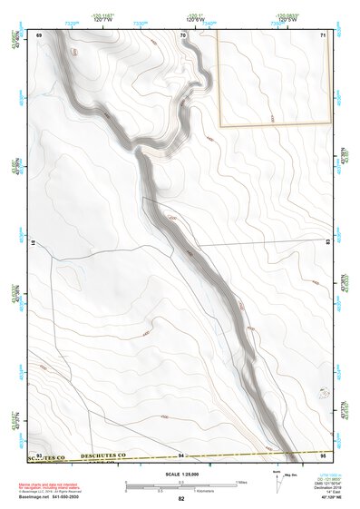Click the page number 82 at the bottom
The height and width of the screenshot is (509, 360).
coord(181,499)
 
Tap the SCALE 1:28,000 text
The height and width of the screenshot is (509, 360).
coord(180,475)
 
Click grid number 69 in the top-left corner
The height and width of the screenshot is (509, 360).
coord(39,34)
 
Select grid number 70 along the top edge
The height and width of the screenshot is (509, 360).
coord(182,34)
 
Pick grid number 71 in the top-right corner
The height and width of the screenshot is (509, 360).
coord(323,34)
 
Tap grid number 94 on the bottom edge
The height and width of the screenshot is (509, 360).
coord(181,454)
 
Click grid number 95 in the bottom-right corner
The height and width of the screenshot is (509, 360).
coord(323,454)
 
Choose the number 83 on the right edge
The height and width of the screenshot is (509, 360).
coord(326,243)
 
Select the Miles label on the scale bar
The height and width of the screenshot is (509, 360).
coord(242,481)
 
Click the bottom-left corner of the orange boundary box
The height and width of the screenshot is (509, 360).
coord(218,124)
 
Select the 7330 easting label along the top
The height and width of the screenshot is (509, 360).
coord(141,19)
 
